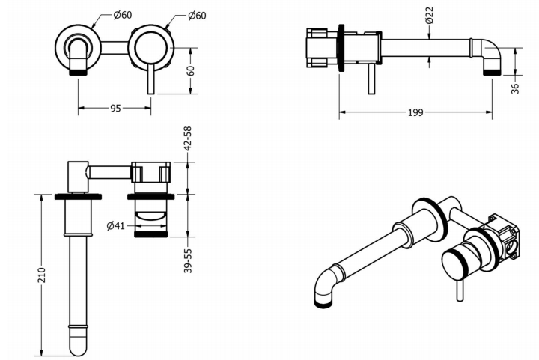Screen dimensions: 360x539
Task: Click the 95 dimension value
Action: [x=115, y=108]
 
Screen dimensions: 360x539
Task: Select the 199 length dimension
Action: [x=415, y=113]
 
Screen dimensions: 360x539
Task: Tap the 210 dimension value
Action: [x=42, y=275]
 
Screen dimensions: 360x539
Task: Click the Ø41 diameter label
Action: [x=115, y=225]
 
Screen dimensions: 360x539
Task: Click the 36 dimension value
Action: [x=517, y=88]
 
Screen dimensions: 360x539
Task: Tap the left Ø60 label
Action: [x=124, y=16]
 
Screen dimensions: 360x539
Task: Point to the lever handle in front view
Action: [x=150, y=78]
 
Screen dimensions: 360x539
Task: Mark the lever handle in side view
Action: [x=371, y=81]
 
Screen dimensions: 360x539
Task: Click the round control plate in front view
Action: [x=150, y=46]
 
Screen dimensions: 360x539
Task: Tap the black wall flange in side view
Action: [x=341, y=47]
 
